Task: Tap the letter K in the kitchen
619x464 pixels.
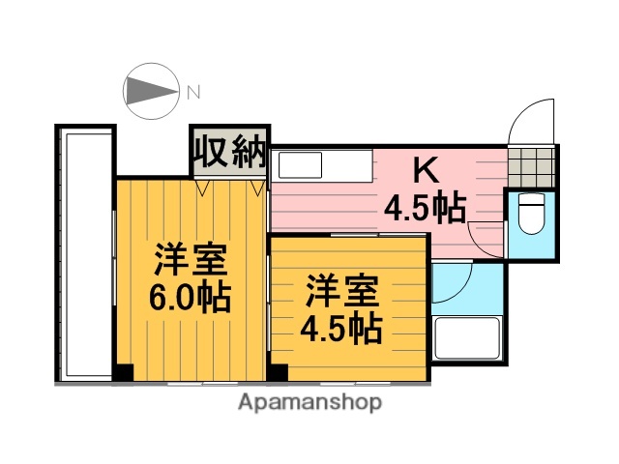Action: click(425, 171)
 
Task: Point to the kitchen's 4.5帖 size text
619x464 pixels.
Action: click(426, 206)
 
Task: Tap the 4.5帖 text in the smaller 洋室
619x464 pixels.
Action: click(341, 328)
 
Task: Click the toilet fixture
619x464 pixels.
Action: click(531, 215)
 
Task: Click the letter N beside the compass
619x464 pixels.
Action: click(193, 93)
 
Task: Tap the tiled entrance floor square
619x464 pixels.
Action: click(533, 166)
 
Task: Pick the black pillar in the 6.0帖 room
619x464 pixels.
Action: click(123, 371)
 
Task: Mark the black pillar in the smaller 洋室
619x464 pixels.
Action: click(279, 371)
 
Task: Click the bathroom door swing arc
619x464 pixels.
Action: click(450, 282)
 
